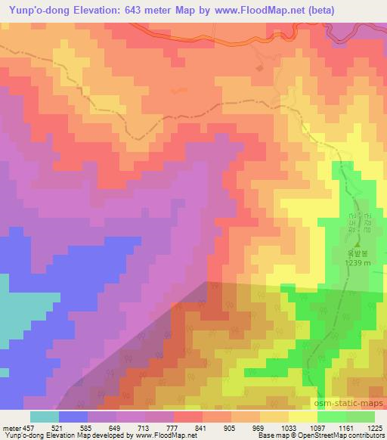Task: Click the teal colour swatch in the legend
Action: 45,417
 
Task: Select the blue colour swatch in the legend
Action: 73,417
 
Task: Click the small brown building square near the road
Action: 259,68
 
